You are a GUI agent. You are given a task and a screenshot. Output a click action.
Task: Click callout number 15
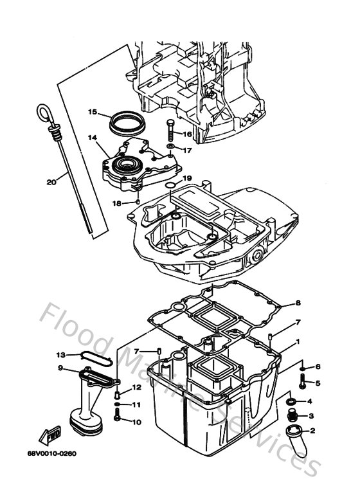(92, 112)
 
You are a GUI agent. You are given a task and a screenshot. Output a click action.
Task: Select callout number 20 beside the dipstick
(51, 182)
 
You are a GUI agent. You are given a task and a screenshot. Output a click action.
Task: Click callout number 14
(92, 137)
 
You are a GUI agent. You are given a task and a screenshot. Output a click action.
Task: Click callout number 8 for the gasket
(298, 303)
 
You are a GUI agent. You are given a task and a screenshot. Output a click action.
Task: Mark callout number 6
(318, 366)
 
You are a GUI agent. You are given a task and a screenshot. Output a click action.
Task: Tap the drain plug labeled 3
(292, 417)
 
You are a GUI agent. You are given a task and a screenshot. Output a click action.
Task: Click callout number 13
(60, 355)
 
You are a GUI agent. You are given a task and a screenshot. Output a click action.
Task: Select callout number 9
(60, 368)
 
